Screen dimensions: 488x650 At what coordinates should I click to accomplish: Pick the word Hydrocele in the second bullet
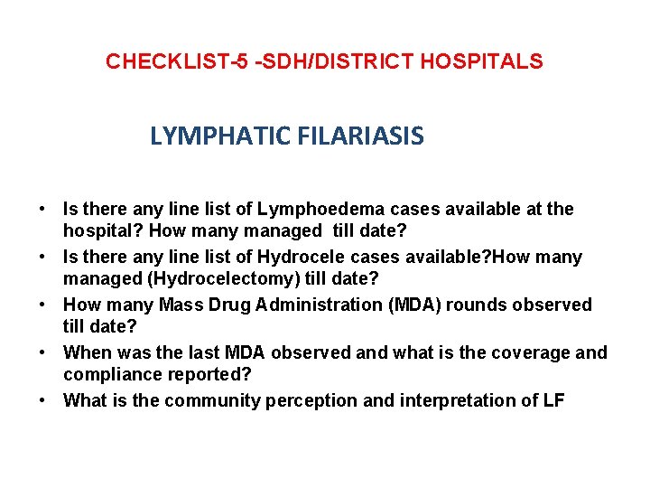click(x=305, y=258)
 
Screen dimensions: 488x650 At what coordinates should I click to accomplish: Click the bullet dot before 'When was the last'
click(x=43, y=353)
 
